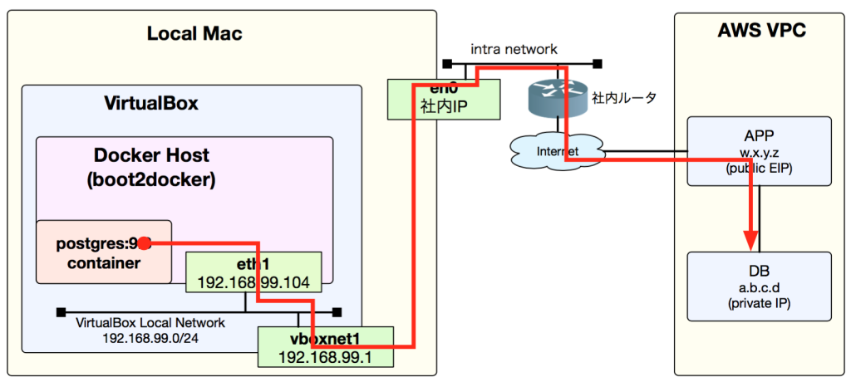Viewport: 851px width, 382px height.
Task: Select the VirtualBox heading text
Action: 150,104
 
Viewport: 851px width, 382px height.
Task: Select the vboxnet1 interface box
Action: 324,346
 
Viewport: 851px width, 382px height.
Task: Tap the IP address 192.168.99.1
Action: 325,357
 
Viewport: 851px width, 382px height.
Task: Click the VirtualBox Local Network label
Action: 150,323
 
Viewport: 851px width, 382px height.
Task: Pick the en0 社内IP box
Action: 444,99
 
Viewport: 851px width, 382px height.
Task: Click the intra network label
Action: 514,49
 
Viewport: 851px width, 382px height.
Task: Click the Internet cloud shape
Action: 555,150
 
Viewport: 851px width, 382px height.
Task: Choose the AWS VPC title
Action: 760,32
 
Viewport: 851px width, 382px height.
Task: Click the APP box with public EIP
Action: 759,150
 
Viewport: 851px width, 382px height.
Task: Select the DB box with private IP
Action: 759,286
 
